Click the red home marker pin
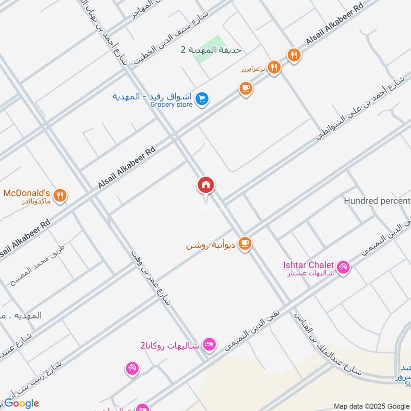pos(206,185)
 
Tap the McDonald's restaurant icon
pos(60,195)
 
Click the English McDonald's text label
pos(27,193)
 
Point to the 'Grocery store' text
pos(171,105)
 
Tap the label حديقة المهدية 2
pos(211,50)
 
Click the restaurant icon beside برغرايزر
pos(274,67)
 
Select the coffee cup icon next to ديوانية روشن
pos(246,243)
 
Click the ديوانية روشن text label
pos(211,246)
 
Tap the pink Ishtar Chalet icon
pos(344,266)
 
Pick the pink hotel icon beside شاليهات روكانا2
pos(209,344)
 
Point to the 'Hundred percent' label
pos(377,201)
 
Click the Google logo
pos(22,403)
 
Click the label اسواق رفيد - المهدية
pos(151,97)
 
